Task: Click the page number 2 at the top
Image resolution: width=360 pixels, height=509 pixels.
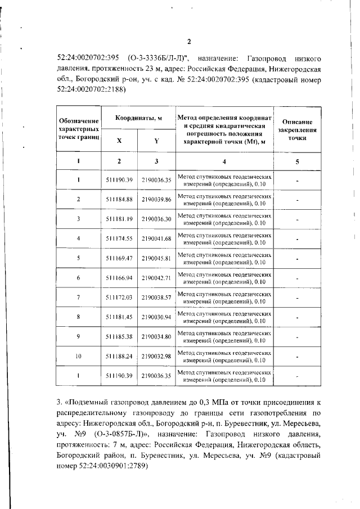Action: pos(189,42)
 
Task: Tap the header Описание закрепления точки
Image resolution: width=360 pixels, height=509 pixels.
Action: pos(297,129)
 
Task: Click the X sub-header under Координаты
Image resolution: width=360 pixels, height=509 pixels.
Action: pos(119,141)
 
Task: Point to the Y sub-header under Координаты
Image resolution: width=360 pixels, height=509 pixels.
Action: pos(156,141)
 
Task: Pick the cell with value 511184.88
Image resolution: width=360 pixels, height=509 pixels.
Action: pos(119,200)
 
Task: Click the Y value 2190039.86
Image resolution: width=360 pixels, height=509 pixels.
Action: pos(156,200)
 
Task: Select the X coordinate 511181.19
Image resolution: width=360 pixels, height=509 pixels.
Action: pos(119,219)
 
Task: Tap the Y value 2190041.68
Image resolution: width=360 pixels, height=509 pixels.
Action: pos(156,238)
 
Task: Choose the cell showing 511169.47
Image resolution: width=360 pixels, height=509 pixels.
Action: pos(119,258)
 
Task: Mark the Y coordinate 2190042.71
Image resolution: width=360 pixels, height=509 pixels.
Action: pos(156,278)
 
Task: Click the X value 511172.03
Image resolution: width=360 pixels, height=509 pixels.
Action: pos(119,297)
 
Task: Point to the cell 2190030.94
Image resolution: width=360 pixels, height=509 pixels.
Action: pos(156,317)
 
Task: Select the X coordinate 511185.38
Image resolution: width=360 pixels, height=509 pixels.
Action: pos(119,336)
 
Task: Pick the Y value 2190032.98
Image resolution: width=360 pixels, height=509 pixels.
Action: pos(156,356)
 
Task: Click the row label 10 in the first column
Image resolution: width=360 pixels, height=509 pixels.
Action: pos(79,356)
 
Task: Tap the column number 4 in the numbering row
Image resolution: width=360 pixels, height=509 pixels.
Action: pos(224,162)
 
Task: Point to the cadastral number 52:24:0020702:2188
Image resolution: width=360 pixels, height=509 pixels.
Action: pos(92,89)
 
